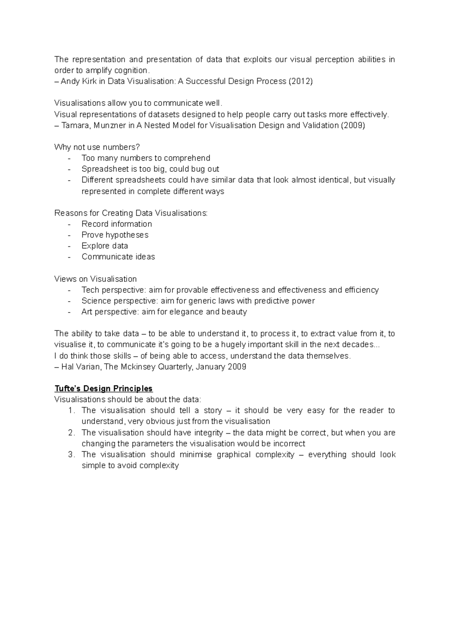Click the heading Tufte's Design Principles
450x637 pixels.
103,388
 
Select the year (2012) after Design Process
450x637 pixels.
300,81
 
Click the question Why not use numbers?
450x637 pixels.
97,147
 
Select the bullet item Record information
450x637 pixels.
117,224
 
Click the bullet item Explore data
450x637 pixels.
105,246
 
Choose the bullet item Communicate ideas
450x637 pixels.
118,257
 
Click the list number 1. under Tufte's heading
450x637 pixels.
72,410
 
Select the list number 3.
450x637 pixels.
72,454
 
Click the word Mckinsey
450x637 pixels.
138,367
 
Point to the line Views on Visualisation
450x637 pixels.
96,279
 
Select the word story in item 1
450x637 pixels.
213,410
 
